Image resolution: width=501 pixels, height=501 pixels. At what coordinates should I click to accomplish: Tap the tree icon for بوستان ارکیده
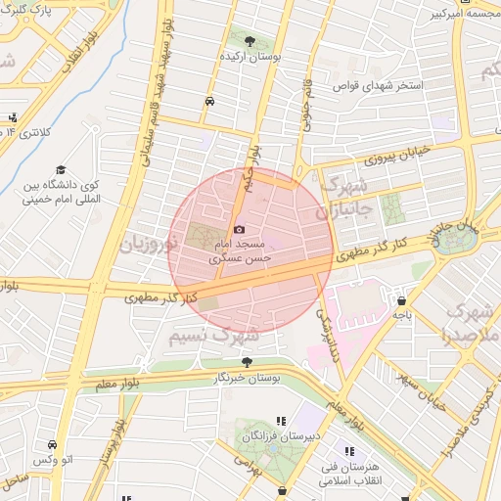point(251,41)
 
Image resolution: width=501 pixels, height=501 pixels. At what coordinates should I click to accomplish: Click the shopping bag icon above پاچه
point(401,300)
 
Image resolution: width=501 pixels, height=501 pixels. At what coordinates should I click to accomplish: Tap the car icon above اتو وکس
point(51,443)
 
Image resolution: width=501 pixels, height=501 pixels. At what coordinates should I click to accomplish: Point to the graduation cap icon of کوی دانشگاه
point(60,169)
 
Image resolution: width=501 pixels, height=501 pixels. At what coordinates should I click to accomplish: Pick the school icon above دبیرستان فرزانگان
point(282,421)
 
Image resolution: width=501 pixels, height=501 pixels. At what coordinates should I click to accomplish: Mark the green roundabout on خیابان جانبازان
point(452,240)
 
